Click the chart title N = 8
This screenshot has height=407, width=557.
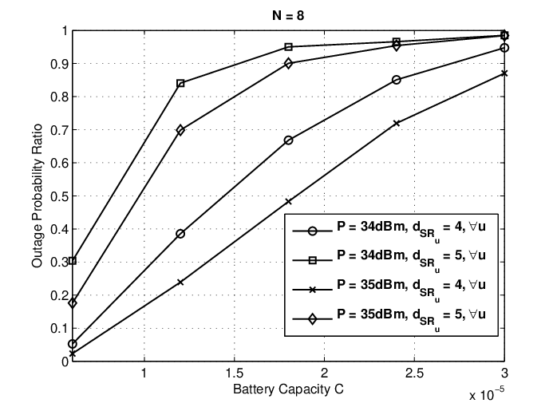[x=288, y=16]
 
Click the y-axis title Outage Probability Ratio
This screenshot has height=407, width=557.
[x=37, y=196]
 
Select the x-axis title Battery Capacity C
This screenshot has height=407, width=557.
[x=288, y=389]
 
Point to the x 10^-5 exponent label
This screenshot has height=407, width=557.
[x=487, y=393]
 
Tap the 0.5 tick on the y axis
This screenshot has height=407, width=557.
[x=59, y=196]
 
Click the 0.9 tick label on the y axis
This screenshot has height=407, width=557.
[x=59, y=64]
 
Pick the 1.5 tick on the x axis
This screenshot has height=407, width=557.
[x=235, y=373]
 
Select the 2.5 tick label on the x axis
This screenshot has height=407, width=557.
[x=414, y=373]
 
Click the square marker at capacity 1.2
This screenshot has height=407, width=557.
[x=180, y=84]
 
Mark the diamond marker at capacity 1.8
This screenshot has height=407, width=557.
[x=288, y=64]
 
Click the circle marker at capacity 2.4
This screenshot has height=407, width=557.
[x=397, y=80]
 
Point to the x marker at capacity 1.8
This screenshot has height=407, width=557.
[x=288, y=202]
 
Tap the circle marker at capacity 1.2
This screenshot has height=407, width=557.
[x=180, y=234]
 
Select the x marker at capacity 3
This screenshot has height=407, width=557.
[x=504, y=73]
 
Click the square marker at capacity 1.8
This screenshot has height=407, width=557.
[x=288, y=47]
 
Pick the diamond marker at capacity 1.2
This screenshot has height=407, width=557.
[x=180, y=130]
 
